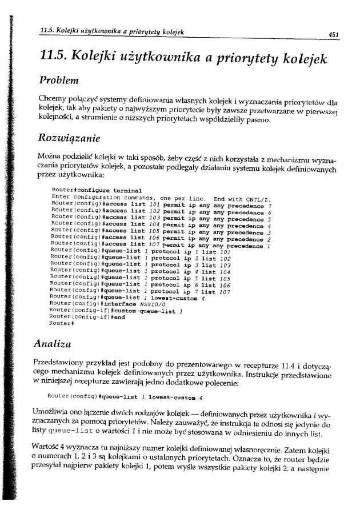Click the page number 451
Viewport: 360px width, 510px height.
(334, 34)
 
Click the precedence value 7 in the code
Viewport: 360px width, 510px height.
(269, 205)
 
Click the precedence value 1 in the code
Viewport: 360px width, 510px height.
(269, 246)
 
